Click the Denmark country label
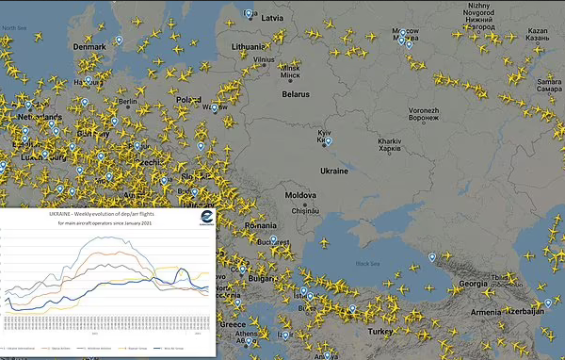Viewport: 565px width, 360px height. click(89, 45)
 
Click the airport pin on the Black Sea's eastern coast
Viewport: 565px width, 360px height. click(433, 256)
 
